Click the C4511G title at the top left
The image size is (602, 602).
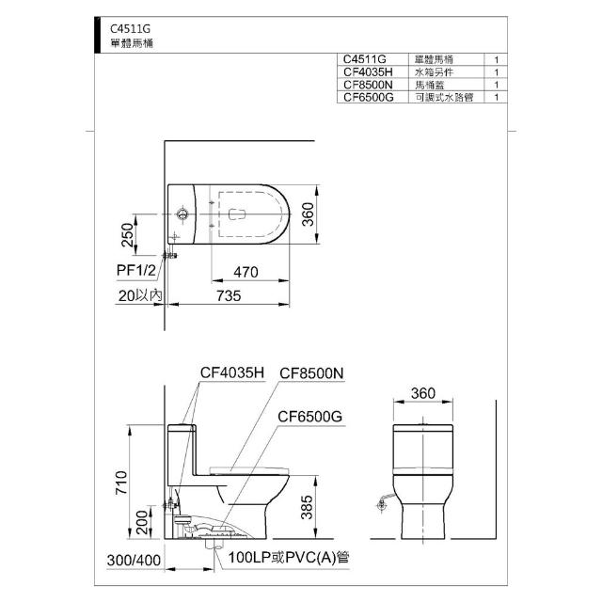[130, 29]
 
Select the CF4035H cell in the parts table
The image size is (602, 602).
[368, 71]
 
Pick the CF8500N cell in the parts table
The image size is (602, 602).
[368, 85]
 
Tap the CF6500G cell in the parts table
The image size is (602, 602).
[369, 97]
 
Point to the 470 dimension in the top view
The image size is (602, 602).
[246, 272]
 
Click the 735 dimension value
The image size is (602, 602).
[229, 296]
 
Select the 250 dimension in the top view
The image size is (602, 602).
[128, 235]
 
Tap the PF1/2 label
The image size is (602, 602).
[136, 270]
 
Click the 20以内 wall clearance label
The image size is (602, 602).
[140, 295]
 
